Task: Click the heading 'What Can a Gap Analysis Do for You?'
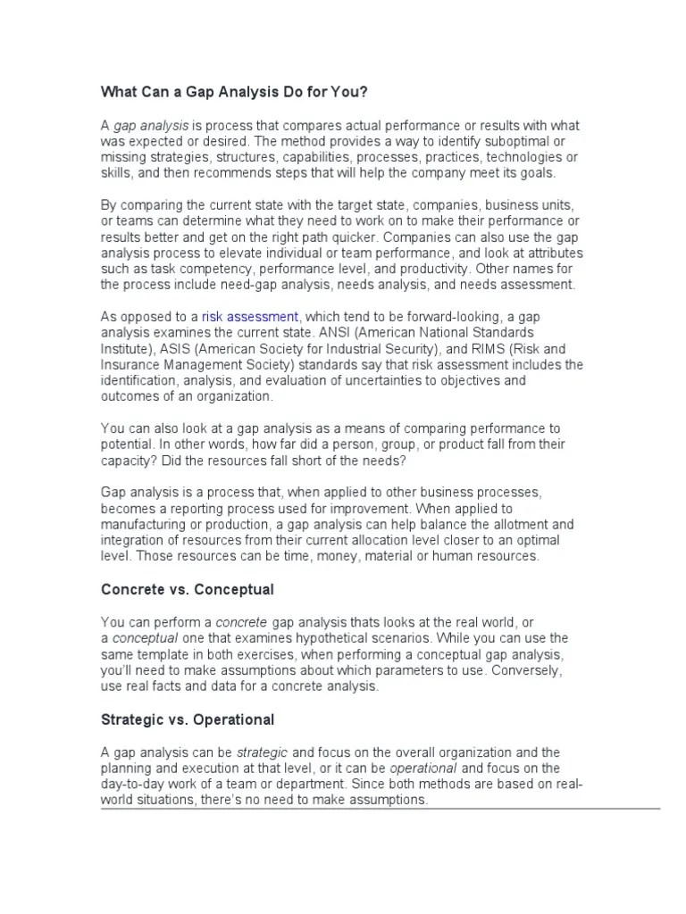click(x=235, y=93)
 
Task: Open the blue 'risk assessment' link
click(x=250, y=316)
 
